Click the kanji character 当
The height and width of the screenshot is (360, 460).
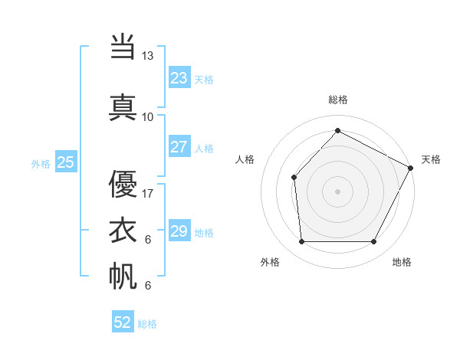pos(123,47)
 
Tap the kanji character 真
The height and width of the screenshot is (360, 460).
pos(123,106)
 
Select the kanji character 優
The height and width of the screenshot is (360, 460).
pos(123,184)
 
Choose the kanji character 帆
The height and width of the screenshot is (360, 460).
pos(123,276)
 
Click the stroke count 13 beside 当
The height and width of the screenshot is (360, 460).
pos(148,56)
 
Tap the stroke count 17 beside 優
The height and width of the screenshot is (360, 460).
pos(148,194)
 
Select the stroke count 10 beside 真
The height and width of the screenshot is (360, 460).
pos(148,116)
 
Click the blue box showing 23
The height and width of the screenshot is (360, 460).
pos(179,77)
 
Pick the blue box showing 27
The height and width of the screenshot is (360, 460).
pos(179,147)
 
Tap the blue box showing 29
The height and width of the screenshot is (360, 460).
pos(179,231)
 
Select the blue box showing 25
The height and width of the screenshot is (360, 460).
pos(65,162)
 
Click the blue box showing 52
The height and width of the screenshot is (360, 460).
pos(123,322)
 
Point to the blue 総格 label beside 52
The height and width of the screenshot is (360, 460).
pos(147,324)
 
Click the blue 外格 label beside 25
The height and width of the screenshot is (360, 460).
pos(41,163)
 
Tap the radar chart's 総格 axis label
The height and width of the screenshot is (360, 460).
pos(337,100)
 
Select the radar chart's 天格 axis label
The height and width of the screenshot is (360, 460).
pos(431,159)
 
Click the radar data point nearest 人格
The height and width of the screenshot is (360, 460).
pos(294,177)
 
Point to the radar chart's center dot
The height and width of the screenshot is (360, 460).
pos(337,191)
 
